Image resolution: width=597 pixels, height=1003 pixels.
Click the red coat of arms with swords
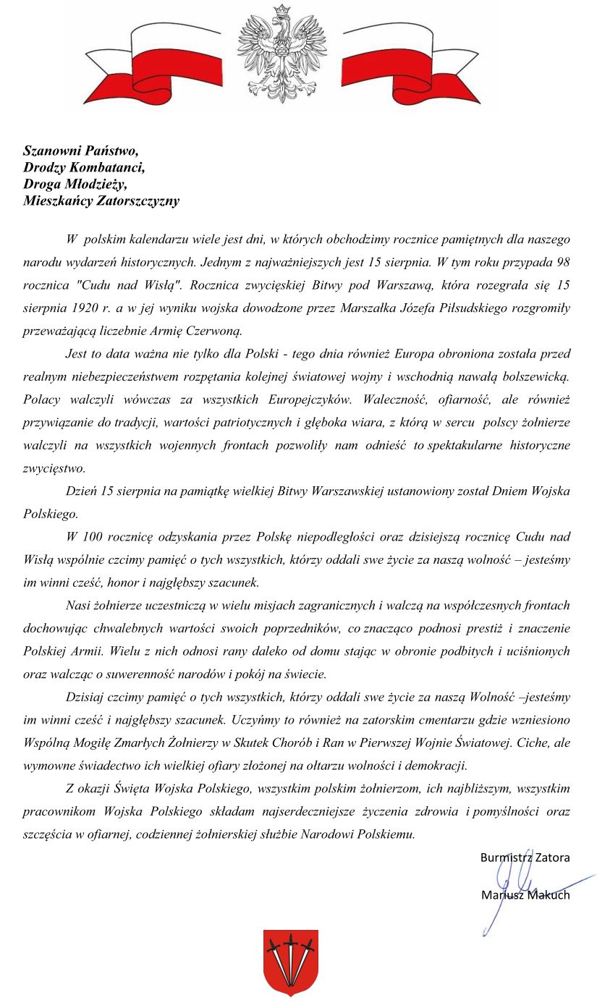coord(290,962)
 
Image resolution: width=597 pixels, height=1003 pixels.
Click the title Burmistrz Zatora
coord(525,858)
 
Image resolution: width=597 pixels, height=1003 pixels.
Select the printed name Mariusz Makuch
coord(525,895)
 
